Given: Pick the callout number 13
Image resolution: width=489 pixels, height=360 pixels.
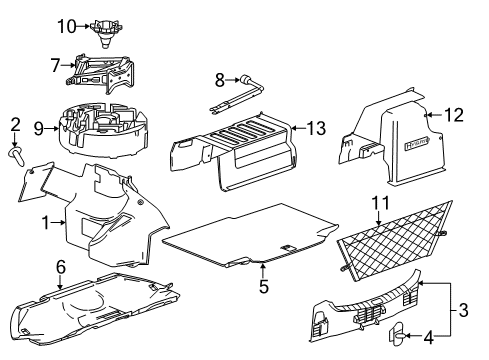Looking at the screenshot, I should click(317, 128).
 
